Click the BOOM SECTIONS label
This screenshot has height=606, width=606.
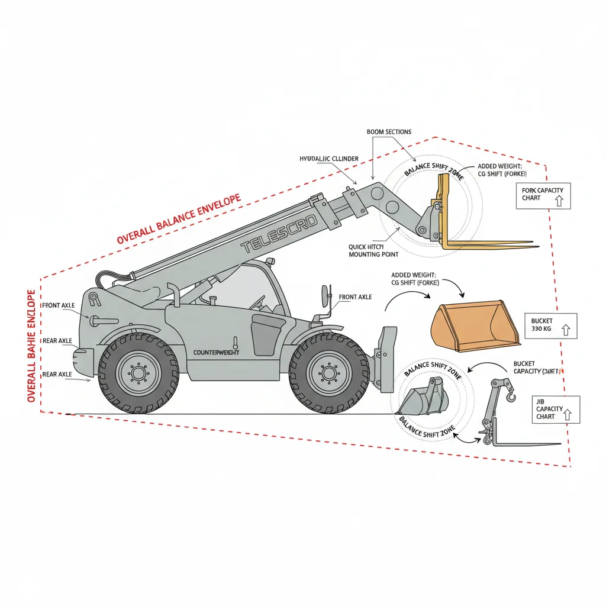click(x=389, y=132)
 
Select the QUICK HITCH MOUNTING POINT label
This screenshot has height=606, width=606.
click(x=373, y=250)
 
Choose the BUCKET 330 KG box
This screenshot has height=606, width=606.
click(x=550, y=325)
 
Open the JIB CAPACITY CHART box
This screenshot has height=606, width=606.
click(x=555, y=409)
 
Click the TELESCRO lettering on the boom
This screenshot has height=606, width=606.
click(x=279, y=234)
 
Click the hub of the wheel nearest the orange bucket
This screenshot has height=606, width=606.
click(x=328, y=373)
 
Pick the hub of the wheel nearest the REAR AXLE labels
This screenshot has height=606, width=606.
click(x=138, y=373)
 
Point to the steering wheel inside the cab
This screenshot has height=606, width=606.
click(x=256, y=303)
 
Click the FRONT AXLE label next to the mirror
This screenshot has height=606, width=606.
click(x=355, y=297)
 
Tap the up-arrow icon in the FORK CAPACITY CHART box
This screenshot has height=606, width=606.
click(x=557, y=201)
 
